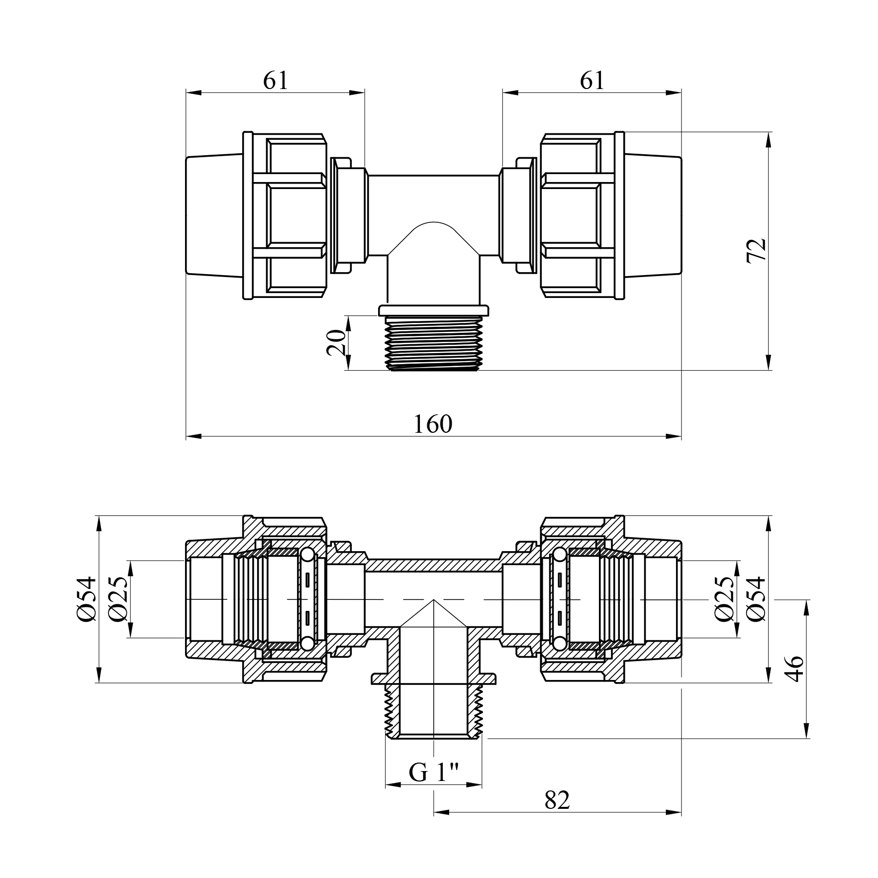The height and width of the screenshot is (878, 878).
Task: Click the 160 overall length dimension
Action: coord(433,424)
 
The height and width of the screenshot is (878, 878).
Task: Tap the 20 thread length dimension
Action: coord(337,343)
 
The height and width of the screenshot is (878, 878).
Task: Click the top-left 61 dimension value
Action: coord(276,81)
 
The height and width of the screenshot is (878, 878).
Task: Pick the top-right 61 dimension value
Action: coord(592,81)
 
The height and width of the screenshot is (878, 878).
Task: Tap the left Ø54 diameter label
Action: coord(87,599)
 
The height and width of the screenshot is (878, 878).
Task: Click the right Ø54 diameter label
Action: coord(756,599)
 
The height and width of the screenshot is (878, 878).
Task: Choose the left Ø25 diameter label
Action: coord(119,599)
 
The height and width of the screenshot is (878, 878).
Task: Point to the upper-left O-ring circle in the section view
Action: coord(307,554)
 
